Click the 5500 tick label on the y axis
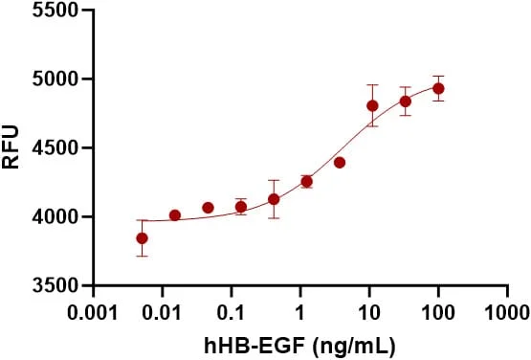pos(55,10)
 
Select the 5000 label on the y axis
pos(55,79)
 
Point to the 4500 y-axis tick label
pos(55,147)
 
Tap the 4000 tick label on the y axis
pos(55,216)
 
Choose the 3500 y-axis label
pos(55,285)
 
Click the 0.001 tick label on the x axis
pos(93,312)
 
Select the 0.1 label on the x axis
pos(232,312)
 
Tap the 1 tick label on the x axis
pos(300,312)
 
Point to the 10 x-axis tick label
pos(369,312)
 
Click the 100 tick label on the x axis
pos(438,312)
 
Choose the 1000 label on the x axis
pos(507,312)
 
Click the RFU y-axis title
pos(11,146)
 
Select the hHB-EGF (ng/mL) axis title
pos(300,346)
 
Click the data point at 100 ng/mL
pos(438,89)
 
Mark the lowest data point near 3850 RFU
pos(142,238)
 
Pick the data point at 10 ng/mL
pos(372,106)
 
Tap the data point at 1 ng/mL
pos(307,182)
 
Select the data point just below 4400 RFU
pos(340,163)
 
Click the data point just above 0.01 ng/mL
pos(175,215)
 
